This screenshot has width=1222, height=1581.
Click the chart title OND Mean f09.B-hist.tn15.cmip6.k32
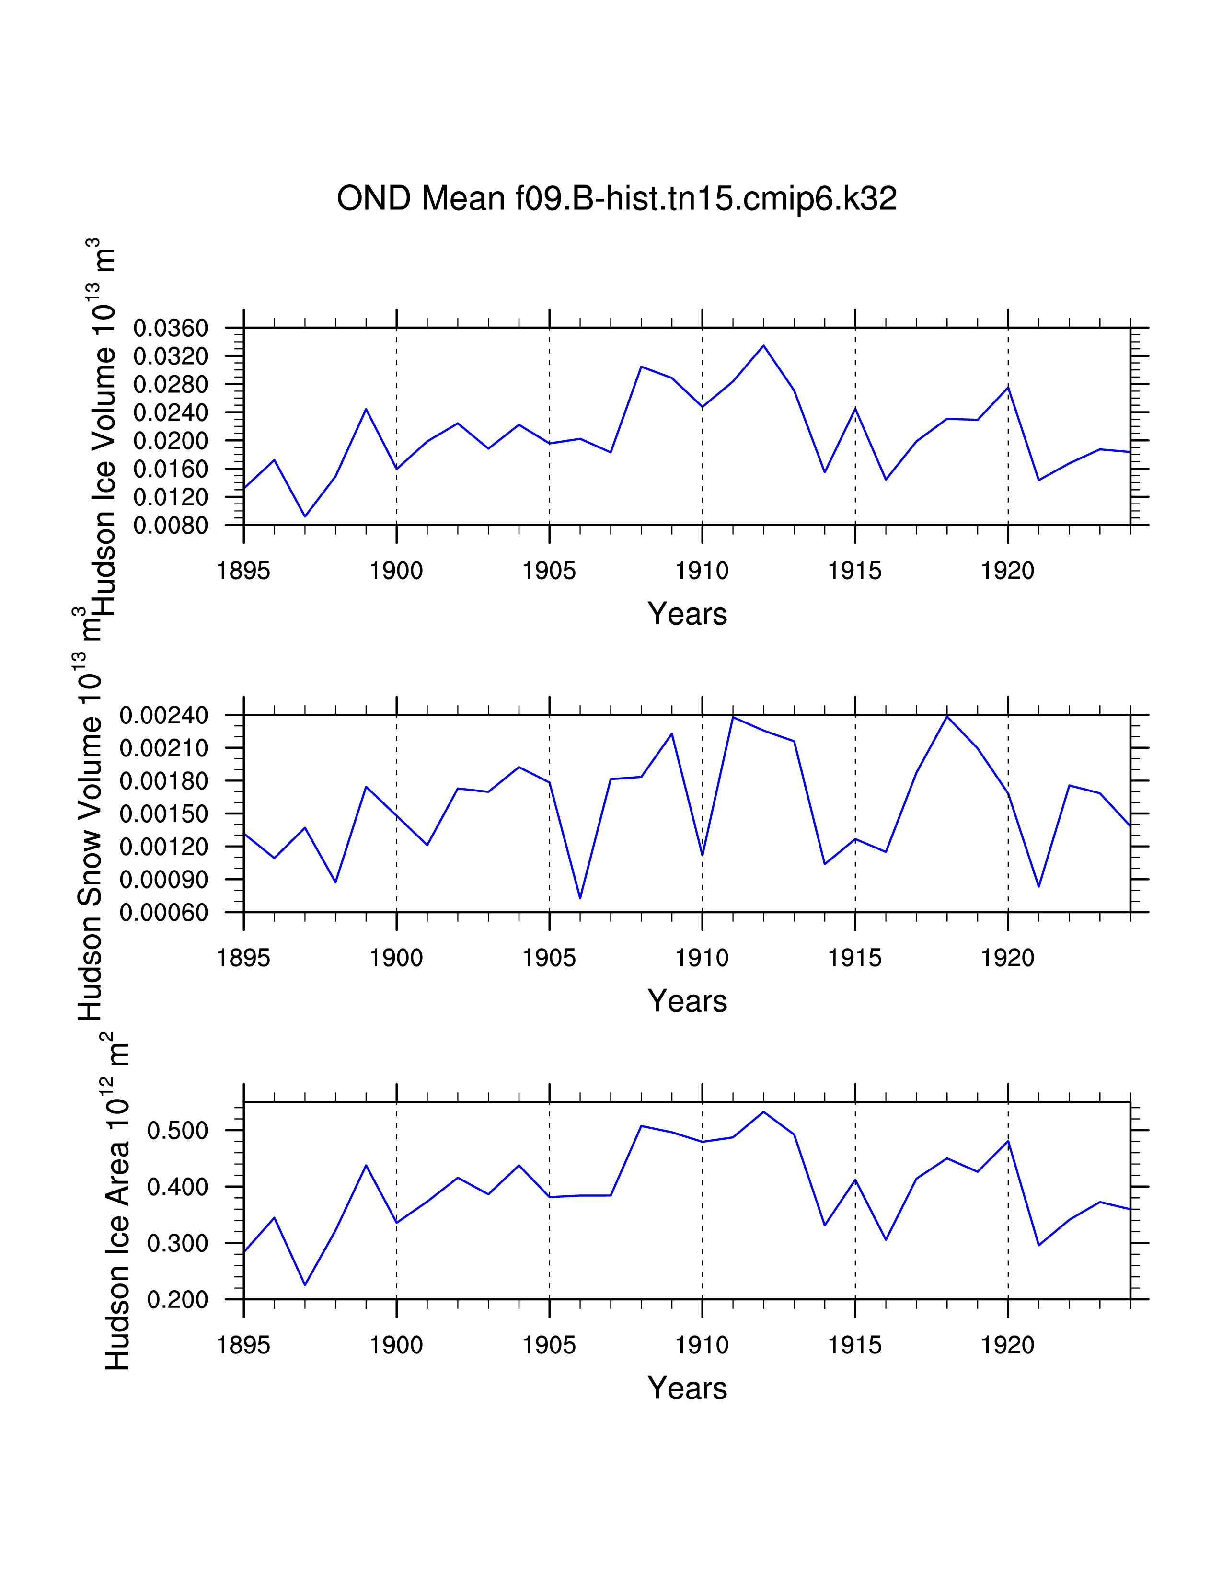pyautogui.click(x=616, y=198)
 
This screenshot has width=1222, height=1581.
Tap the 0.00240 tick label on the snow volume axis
pyautogui.click(x=163, y=715)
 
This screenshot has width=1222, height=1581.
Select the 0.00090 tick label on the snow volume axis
pyautogui.click(x=163, y=880)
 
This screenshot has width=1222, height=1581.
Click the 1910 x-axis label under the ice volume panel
pyautogui.click(x=702, y=571)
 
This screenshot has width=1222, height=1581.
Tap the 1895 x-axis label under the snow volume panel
pyautogui.click(x=243, y=959)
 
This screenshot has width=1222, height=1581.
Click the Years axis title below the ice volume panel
pyautogui.click(x=687, y=614)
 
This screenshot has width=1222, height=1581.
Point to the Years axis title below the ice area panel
pyautogui.click(x=687, y=1388)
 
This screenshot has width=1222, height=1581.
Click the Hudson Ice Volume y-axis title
pyautogui.click(x=103, y=427)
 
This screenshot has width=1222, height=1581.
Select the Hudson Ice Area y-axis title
pyautogui.click(x=117, y=1205)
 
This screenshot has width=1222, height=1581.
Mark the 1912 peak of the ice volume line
pyautogui.click(x=763, y=345)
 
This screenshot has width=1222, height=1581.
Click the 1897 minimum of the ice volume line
pyautogui.click(x=305, y=516)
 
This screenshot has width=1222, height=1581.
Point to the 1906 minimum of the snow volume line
pyautogui.click(x=580, y=898)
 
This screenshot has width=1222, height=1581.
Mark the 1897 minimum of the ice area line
pyautogui.click(x=305, y=1285)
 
